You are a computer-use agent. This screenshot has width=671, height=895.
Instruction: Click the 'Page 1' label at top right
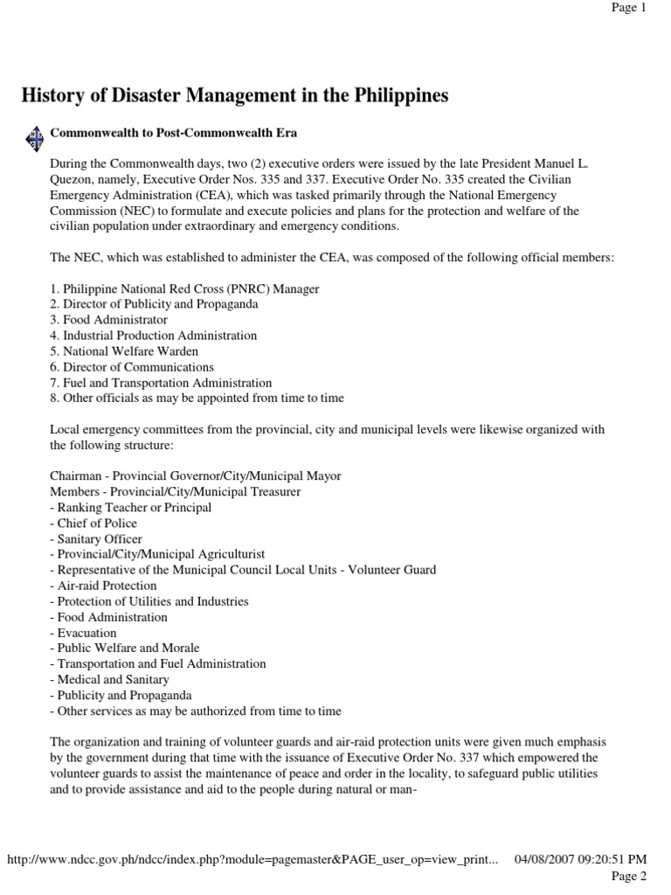(628, 7)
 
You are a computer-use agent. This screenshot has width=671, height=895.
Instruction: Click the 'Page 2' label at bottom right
(628, 876)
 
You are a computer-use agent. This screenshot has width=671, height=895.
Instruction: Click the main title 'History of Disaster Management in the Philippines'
(235, 96)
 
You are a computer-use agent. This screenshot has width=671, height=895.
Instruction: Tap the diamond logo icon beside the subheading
(34, 137)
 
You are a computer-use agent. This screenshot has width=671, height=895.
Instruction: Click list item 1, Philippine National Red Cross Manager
(184, 288)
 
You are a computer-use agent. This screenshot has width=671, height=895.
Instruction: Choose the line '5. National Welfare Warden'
(124, 351)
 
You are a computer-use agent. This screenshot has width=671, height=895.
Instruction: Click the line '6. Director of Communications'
(132, 367)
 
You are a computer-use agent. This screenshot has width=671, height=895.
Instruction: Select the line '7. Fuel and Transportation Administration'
(161, 383)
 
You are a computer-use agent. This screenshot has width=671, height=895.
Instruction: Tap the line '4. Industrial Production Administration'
(154, 336)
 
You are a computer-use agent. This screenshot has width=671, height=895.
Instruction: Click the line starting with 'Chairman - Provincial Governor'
(196, 476)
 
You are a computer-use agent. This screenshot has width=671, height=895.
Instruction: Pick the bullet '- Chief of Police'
(93, 524)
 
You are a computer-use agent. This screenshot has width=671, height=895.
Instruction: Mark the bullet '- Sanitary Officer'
(96, 539)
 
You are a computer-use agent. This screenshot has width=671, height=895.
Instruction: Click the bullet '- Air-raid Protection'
(103, 586)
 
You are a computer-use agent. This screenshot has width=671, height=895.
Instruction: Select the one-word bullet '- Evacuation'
(83, 633)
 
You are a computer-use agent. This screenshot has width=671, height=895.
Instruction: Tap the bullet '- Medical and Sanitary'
(110, 679)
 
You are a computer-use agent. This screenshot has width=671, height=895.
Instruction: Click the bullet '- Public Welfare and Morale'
(125, 649)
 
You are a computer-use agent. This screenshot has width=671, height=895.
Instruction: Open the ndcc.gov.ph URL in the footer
(252, 859)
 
